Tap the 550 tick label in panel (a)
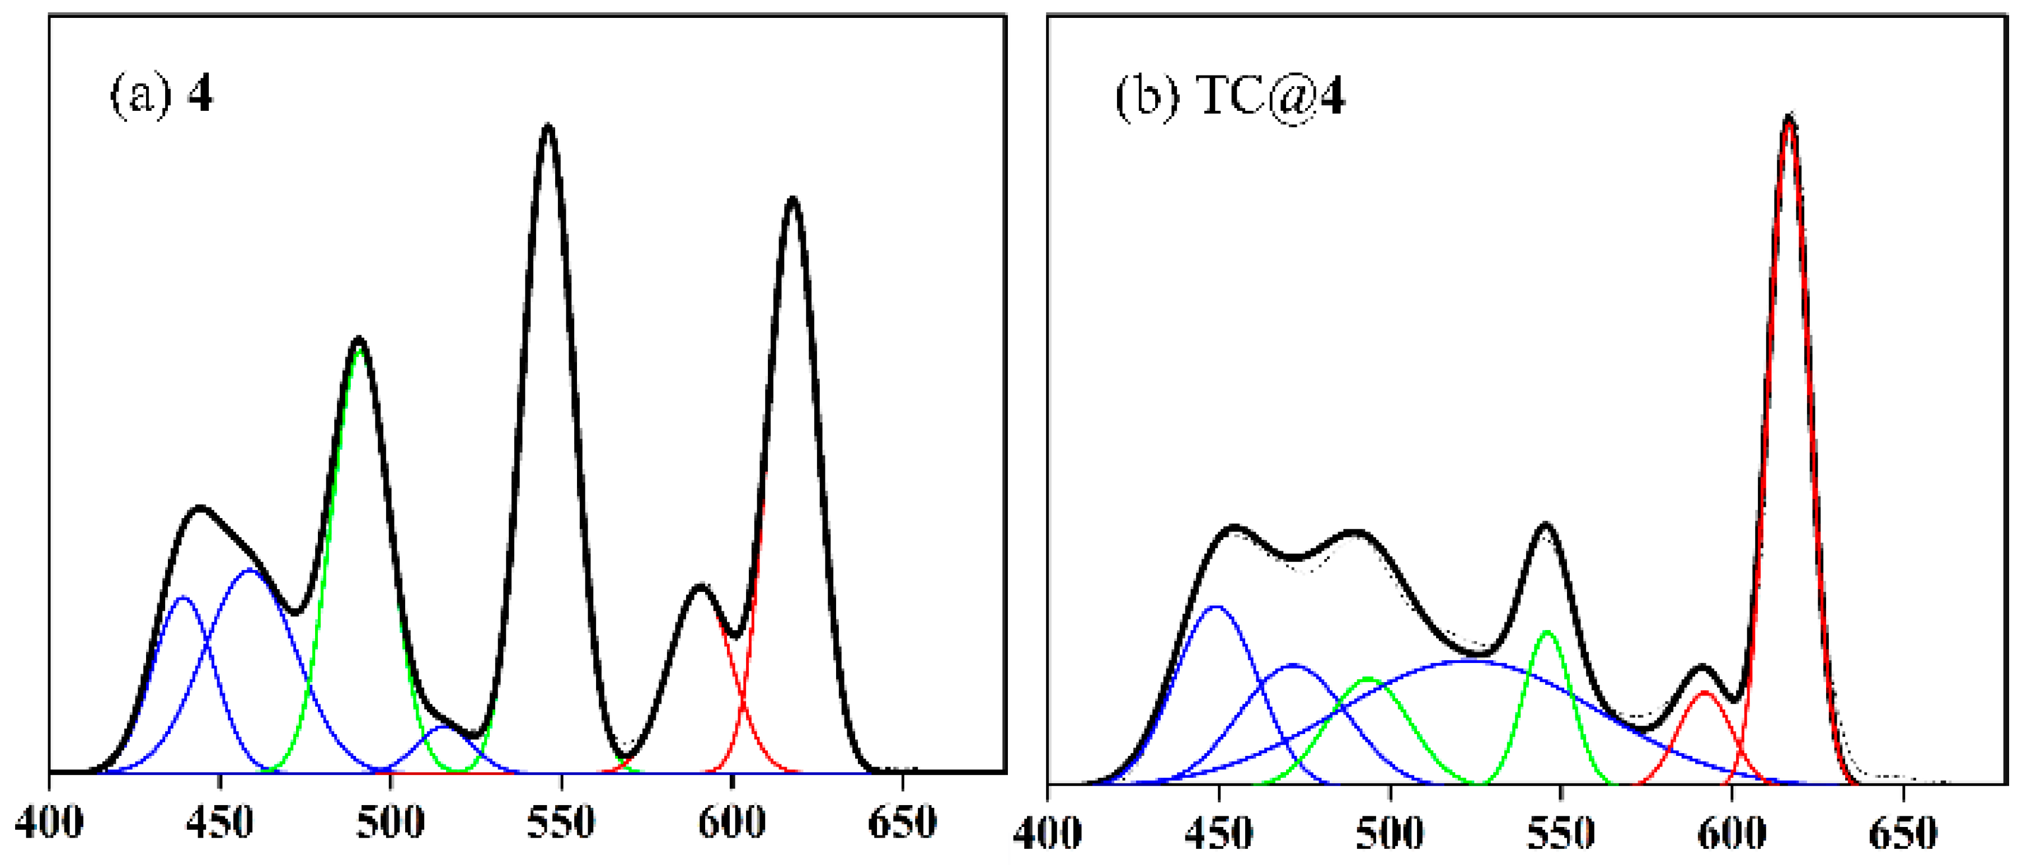560,822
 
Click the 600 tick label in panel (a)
731,822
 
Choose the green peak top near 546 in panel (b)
1547,631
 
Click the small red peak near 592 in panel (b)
1704,692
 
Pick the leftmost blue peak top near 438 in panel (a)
183,598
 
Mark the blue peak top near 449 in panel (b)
1216,607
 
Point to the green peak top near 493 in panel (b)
1367,678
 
